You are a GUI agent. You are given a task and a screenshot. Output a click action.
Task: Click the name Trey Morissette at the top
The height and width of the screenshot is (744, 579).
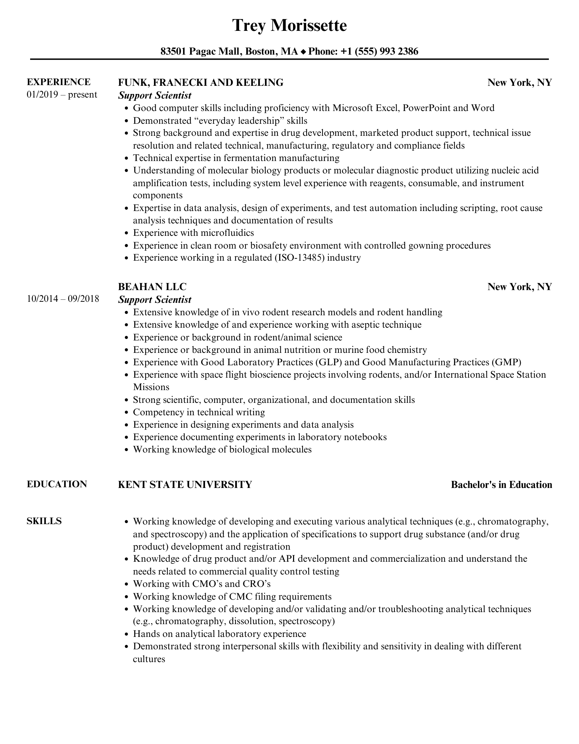point(289,26)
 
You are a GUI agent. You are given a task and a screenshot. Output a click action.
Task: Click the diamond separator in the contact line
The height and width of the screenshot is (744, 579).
point(303,52)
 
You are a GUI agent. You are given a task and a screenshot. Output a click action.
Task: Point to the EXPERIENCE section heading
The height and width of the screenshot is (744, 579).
point(59,82)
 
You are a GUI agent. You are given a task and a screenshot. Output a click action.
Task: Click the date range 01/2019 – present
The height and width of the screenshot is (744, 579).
point(62,95)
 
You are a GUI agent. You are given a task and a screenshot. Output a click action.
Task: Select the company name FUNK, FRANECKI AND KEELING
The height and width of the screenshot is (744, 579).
point(200,83)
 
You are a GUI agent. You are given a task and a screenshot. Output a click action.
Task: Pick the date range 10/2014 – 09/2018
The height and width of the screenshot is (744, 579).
point(63,299)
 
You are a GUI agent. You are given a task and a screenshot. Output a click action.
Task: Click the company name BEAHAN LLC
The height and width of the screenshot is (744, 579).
point(152,287)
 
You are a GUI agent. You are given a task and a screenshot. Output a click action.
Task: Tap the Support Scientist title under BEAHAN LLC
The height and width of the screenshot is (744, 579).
point(155,300)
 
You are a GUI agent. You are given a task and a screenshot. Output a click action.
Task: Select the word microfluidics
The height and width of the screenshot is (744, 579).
point(227,233)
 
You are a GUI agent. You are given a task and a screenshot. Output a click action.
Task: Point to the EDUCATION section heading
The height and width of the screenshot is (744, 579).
point(57,484)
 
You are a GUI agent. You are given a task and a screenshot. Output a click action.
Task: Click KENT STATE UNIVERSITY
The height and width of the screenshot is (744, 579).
point(185,484)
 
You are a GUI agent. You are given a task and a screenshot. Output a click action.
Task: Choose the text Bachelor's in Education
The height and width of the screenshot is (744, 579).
point(501,485)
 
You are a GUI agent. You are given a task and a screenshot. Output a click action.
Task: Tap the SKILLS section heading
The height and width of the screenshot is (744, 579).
point(44,521)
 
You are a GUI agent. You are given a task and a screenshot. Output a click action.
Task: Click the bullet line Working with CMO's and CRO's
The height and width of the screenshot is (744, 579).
point(202,584)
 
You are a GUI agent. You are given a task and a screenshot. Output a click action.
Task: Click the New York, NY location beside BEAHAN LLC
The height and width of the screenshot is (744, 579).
point(519,287)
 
